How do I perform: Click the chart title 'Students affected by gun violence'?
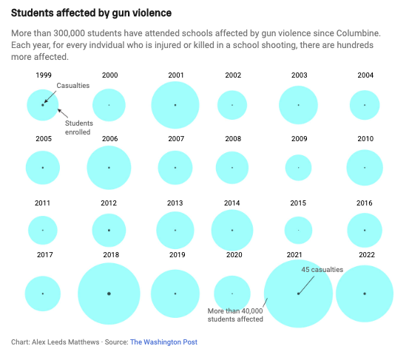91,13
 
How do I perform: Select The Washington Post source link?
163,342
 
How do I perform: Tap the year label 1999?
44,75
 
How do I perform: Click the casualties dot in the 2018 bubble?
109,293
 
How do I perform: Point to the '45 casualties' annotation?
322,270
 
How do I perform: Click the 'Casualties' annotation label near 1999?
73,86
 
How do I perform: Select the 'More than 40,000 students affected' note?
235,315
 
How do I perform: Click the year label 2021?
294,255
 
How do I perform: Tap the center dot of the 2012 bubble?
109,230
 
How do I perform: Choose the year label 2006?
109,139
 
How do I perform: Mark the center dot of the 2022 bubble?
365,293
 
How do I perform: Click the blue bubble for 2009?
298,168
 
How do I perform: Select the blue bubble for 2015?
298,230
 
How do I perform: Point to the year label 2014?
232,203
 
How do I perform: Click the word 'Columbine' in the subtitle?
358,33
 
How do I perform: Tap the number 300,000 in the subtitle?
69,33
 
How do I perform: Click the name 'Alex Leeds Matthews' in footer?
66,342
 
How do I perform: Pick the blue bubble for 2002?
232,105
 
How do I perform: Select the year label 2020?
234,255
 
